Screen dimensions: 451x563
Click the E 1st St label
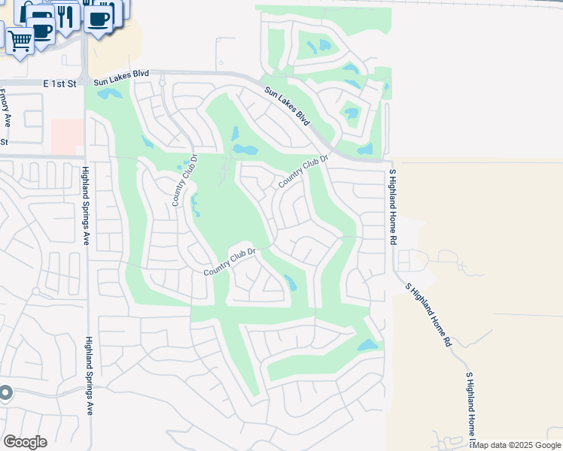click(x=60, y=84)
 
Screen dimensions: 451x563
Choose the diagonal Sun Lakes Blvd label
click(x=287, y=107)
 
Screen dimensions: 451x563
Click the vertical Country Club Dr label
click(x=184, y=180)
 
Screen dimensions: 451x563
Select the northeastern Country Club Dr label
click(x=304, y=171)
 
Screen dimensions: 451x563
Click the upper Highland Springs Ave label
click(x=85, y=205)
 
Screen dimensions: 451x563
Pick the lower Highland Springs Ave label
click(x=88, y=375)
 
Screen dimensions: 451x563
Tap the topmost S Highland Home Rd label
click(x=392, y=206)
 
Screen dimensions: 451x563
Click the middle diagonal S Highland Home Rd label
click(x=427, y=313)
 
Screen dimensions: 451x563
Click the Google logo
click(x=25, y=442)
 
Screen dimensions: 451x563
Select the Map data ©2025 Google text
click(x=517, y=445)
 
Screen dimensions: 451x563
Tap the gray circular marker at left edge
click(x=5, y=392)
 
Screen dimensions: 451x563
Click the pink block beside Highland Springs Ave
click(x=67, y=136)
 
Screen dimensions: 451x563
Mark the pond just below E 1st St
click(x=108, y=94)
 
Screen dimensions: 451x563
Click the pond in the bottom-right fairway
click(x=367, y=345)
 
